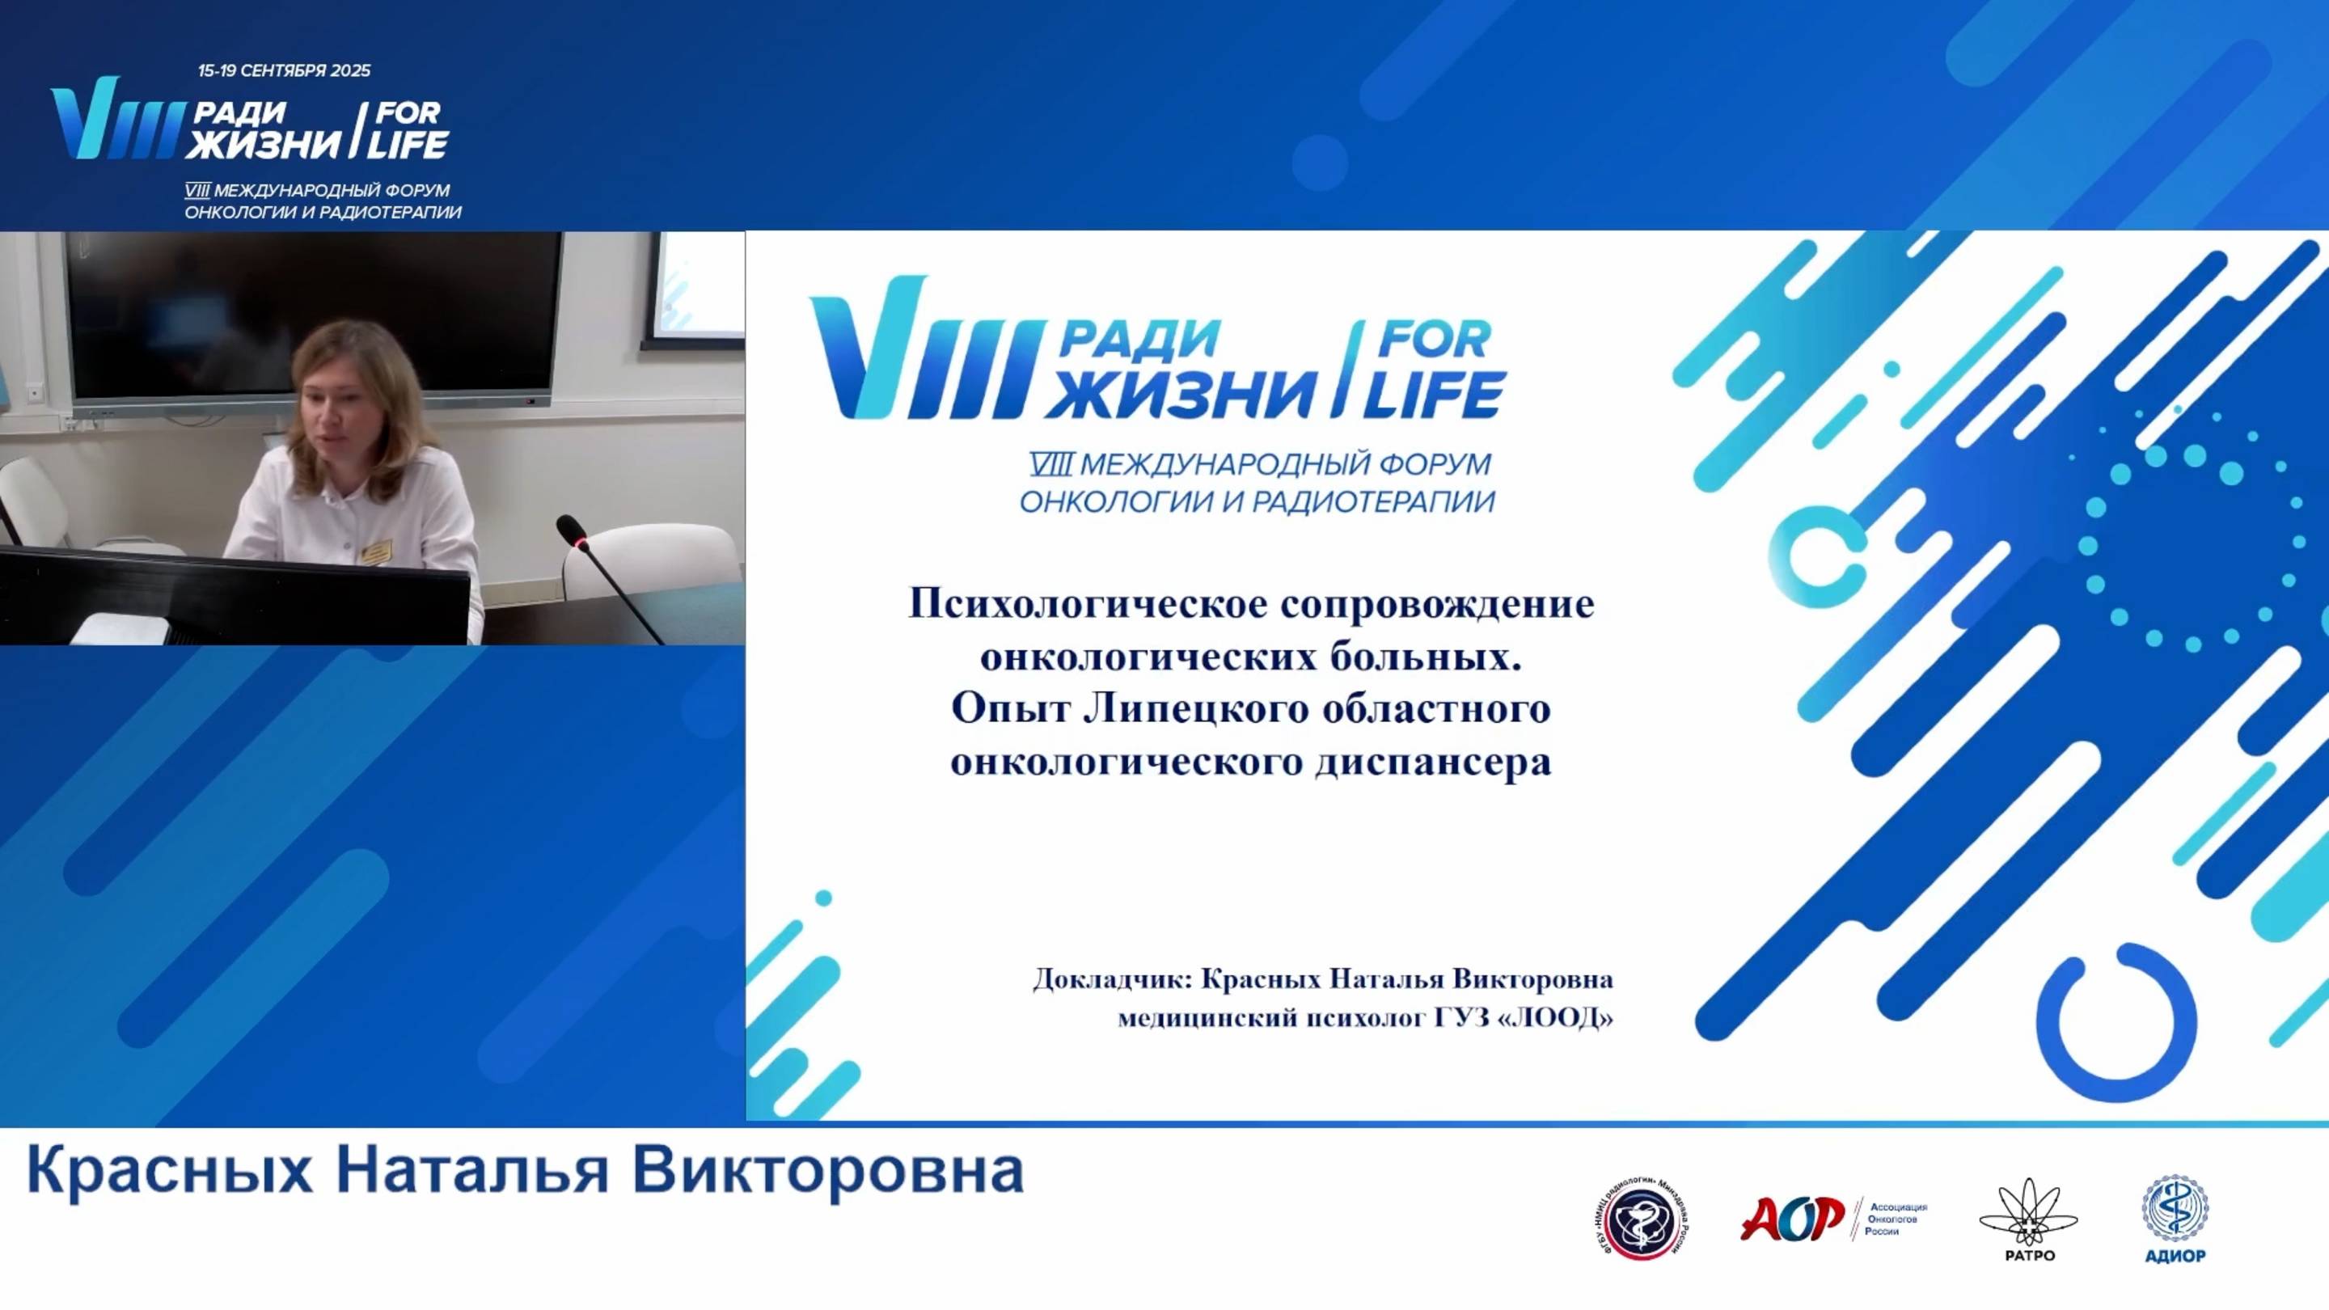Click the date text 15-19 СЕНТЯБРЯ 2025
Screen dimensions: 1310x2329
[x=284, y=70]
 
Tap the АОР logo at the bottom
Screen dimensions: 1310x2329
[x=1792, y=1218]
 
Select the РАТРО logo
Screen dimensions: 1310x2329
[x=2029, y=1219]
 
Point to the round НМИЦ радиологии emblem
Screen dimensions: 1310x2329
[x=1640, y=1219]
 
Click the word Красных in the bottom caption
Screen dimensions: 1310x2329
[x=171, y=1171]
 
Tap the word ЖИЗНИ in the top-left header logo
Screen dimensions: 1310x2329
[x=263, y=144]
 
